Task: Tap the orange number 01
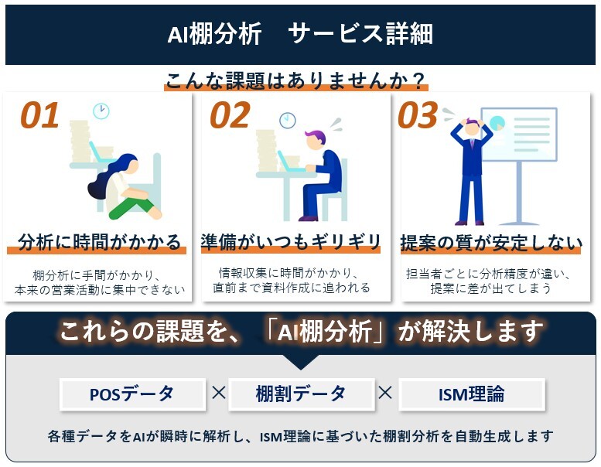(39, 115)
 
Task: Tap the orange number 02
(230, 115)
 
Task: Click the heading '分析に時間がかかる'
(98, 241)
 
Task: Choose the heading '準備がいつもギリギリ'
(291, 241)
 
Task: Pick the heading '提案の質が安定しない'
(491, 243)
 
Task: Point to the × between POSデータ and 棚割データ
(218, 394)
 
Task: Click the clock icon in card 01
(101, 111)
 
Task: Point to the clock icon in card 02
(288, 120)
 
